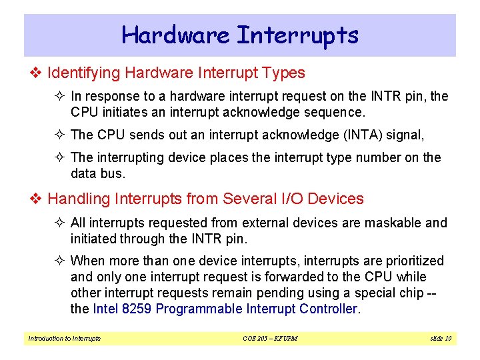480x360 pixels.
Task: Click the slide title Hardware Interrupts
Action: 240,35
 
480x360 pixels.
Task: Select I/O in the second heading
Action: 287,199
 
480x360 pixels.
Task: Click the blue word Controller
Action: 327,309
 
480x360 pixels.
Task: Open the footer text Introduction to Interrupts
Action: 65,339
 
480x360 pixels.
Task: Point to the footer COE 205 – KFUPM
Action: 270,339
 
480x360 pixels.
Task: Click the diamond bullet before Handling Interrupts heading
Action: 37,199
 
